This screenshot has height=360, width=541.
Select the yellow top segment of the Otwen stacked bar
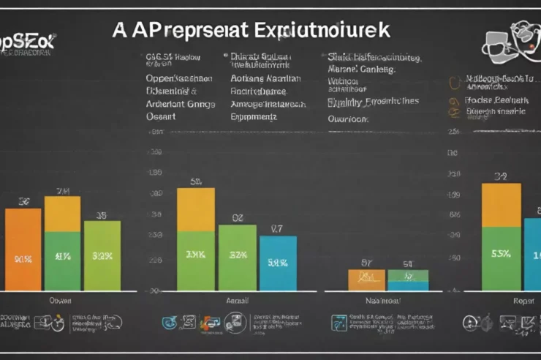(63, 214)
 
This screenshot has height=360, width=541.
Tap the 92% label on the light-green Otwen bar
(102, 257)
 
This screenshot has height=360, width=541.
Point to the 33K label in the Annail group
(196, 255)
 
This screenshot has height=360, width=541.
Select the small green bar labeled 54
(408, 276)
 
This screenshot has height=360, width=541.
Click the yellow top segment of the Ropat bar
(501, 205)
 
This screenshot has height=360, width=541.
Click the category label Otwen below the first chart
(59, 300)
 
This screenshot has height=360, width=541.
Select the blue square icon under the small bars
(338, 322)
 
